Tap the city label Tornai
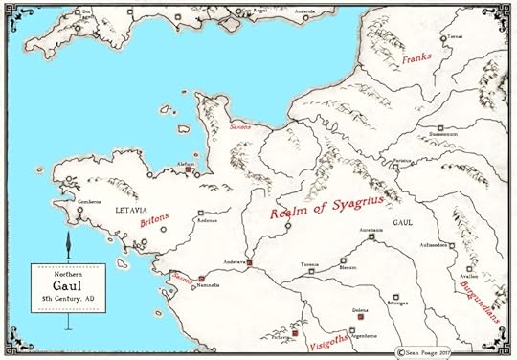tap(454, 36)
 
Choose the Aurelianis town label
tap(371, 230)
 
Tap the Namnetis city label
tap(209, 285)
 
